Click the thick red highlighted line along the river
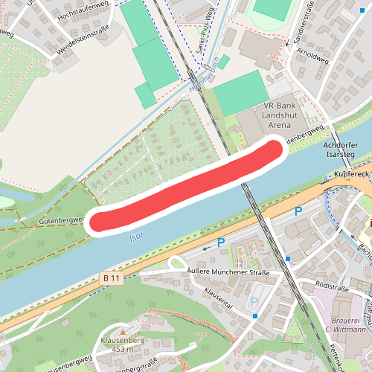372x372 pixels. [186, 186]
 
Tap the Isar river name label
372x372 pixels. [135, 236]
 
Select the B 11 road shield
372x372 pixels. [112, 278]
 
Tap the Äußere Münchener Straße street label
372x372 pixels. [228, 272]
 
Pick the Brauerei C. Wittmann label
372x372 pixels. [347, 324]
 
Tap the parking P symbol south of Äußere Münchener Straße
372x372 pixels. [255, 303]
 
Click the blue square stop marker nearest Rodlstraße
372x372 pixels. [288, 259]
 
